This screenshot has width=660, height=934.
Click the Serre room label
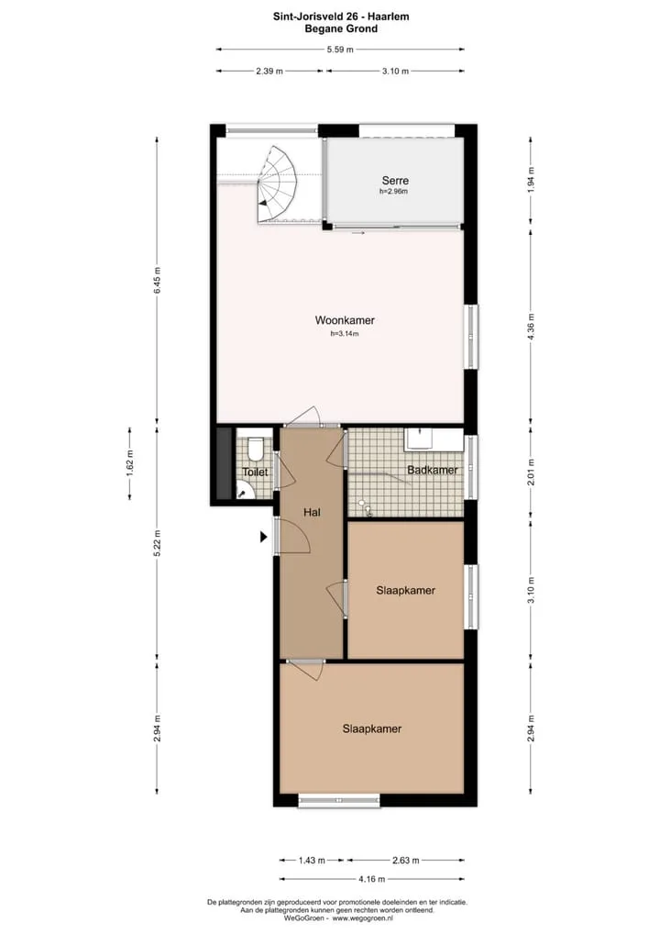point(395,180)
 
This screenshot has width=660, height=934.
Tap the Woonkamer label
point(345,320)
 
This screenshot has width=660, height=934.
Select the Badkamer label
point(433,470)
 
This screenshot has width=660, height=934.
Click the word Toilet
point(256,473)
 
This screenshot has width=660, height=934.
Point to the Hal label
point(312,512)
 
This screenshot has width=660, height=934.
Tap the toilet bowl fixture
point(256,450)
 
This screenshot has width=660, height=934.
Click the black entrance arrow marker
point(263,537)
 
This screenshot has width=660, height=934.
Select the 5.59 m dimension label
point(340,50)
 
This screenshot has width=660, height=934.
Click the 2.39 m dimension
point(269,71)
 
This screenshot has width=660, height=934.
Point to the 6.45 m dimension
point(157,280)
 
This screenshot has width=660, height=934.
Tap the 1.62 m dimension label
point(130,462)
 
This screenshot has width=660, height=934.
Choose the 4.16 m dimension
point(372,879)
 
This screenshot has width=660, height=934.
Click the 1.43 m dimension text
point(312,860)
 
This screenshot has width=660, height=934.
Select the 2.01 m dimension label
point(531,472)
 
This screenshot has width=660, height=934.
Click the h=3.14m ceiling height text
point(345,334)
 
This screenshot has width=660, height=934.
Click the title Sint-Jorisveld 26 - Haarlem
point(341,17)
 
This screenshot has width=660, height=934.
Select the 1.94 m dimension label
point(531,179)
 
